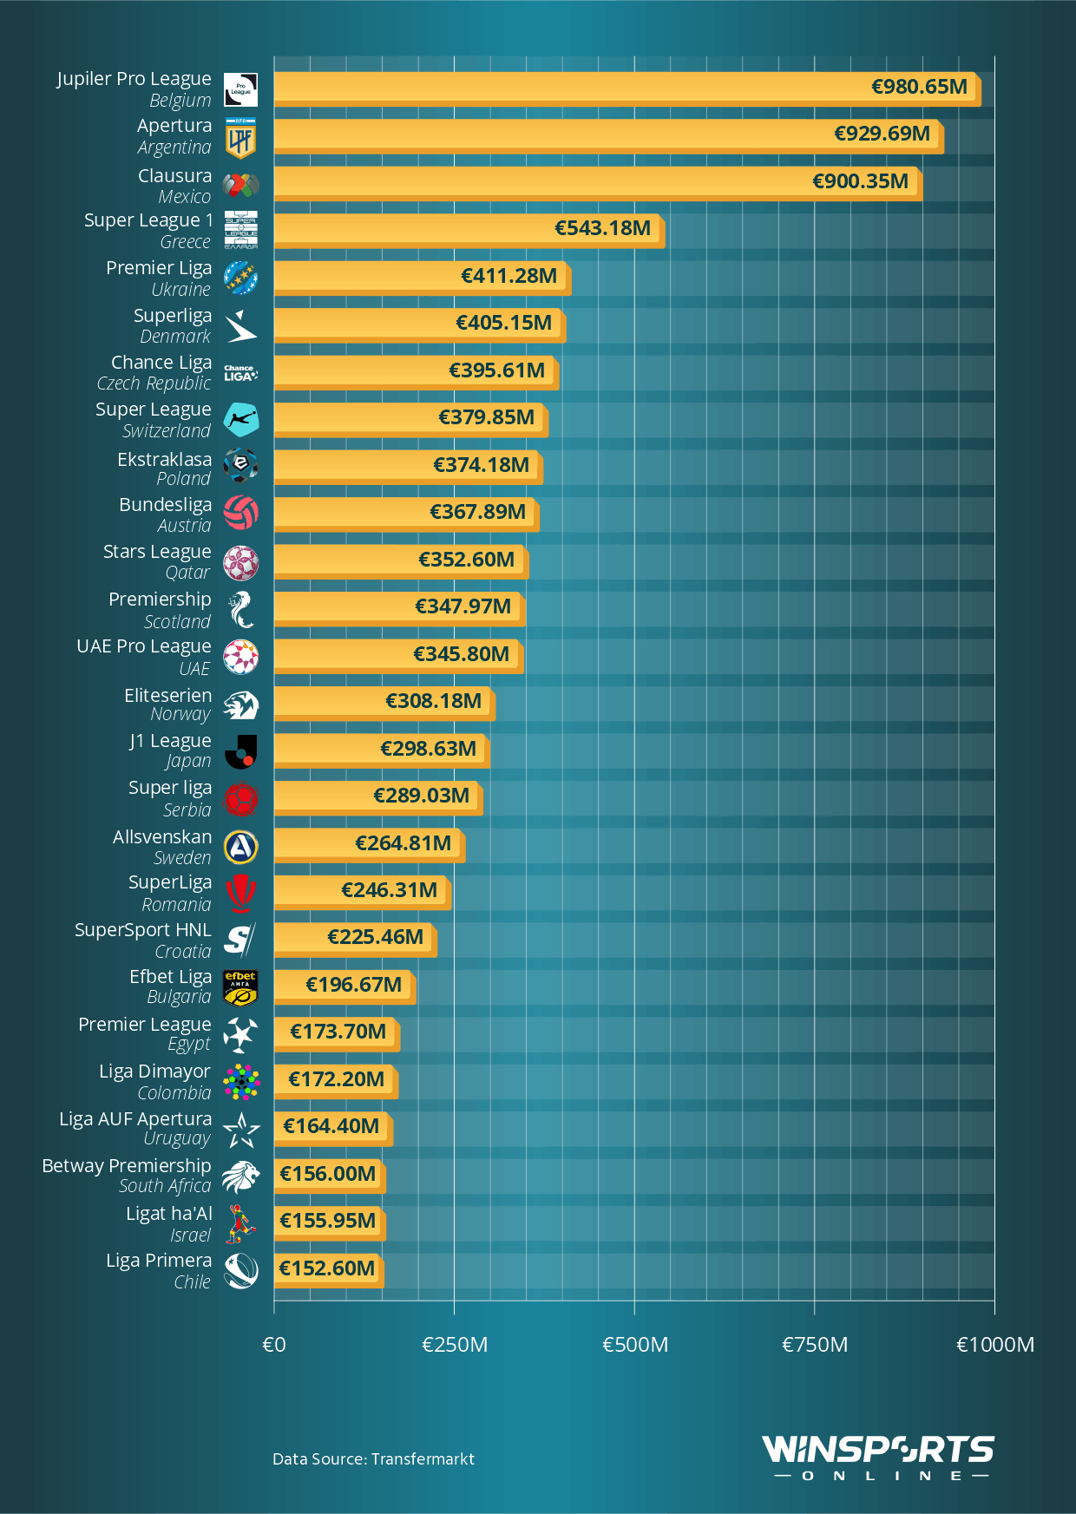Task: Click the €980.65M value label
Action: click(x=919, y=87)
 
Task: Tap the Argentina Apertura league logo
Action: click(x=240, y=139)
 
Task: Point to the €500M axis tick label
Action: click(x=635, y=1345)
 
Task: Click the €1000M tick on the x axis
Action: click(x=994, y=1345)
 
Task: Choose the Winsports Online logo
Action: click(x=878, y=1458)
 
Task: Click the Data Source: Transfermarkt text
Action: click(x=373, y=1459)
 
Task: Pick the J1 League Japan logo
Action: click(x=240, y=751)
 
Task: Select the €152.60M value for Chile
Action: click(x=327, y=1268)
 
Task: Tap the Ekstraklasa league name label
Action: click(x=165, y=459)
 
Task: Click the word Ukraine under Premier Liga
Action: click(x=180, y=290)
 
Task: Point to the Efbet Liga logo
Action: click(x=240, y=987)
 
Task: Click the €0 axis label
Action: click(x=274, y=1345)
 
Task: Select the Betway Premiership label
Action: click(x=127, y=1166)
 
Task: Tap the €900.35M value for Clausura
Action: click(x=860, y=181)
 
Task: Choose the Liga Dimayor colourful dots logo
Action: click(x=240, y=1082)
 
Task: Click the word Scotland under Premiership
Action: click(x=177, y=622)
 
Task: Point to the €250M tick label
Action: click(x=455, y=1345)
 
